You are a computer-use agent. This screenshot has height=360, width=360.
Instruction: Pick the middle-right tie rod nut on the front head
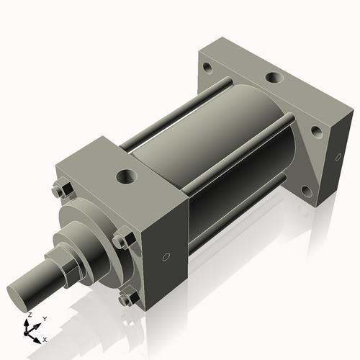pyautogui.click(x=122, y=240)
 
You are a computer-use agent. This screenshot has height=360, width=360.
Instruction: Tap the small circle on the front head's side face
pyautogui.click(x=166, y=256)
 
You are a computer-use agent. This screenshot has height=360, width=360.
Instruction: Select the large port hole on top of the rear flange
pyautogui.click(x=274, y=77)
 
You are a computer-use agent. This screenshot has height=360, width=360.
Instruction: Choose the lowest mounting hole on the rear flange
pyautogui.click(x=305, y=191)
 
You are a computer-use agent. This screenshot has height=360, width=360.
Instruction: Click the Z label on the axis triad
pyautogui.click(x=29, y=315)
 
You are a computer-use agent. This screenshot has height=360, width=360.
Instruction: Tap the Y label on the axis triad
pyautogui.click(x=45, y=318)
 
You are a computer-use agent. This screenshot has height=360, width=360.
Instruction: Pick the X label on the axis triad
pyautogui.click(x=45, y=338)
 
